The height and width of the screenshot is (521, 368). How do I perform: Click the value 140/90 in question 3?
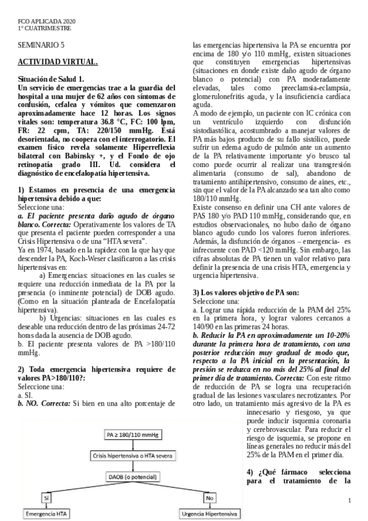coord(204,327)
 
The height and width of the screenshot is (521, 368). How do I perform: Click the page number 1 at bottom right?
coord(349,501)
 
